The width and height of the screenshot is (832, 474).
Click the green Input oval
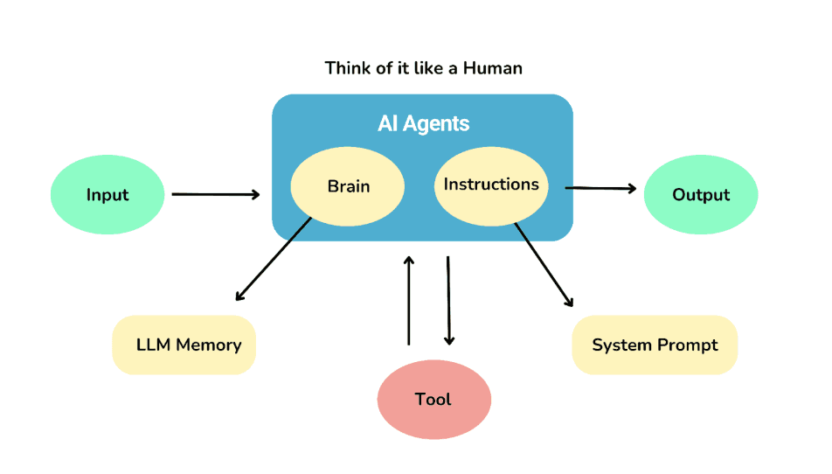107,195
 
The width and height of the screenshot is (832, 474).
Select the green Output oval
700,195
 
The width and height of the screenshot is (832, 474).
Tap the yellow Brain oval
348,186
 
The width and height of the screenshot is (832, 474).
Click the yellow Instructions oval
490,185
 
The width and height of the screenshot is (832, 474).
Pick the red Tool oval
433,400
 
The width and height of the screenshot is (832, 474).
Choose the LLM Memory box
184,345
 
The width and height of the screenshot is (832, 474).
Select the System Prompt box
655,345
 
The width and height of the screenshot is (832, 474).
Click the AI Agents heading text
423,123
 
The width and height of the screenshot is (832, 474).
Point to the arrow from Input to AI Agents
215,194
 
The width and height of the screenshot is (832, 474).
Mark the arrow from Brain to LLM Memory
274,259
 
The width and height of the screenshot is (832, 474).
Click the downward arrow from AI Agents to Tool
449,301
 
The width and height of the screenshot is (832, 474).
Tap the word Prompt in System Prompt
687,345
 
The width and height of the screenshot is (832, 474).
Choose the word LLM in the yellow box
153,345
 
